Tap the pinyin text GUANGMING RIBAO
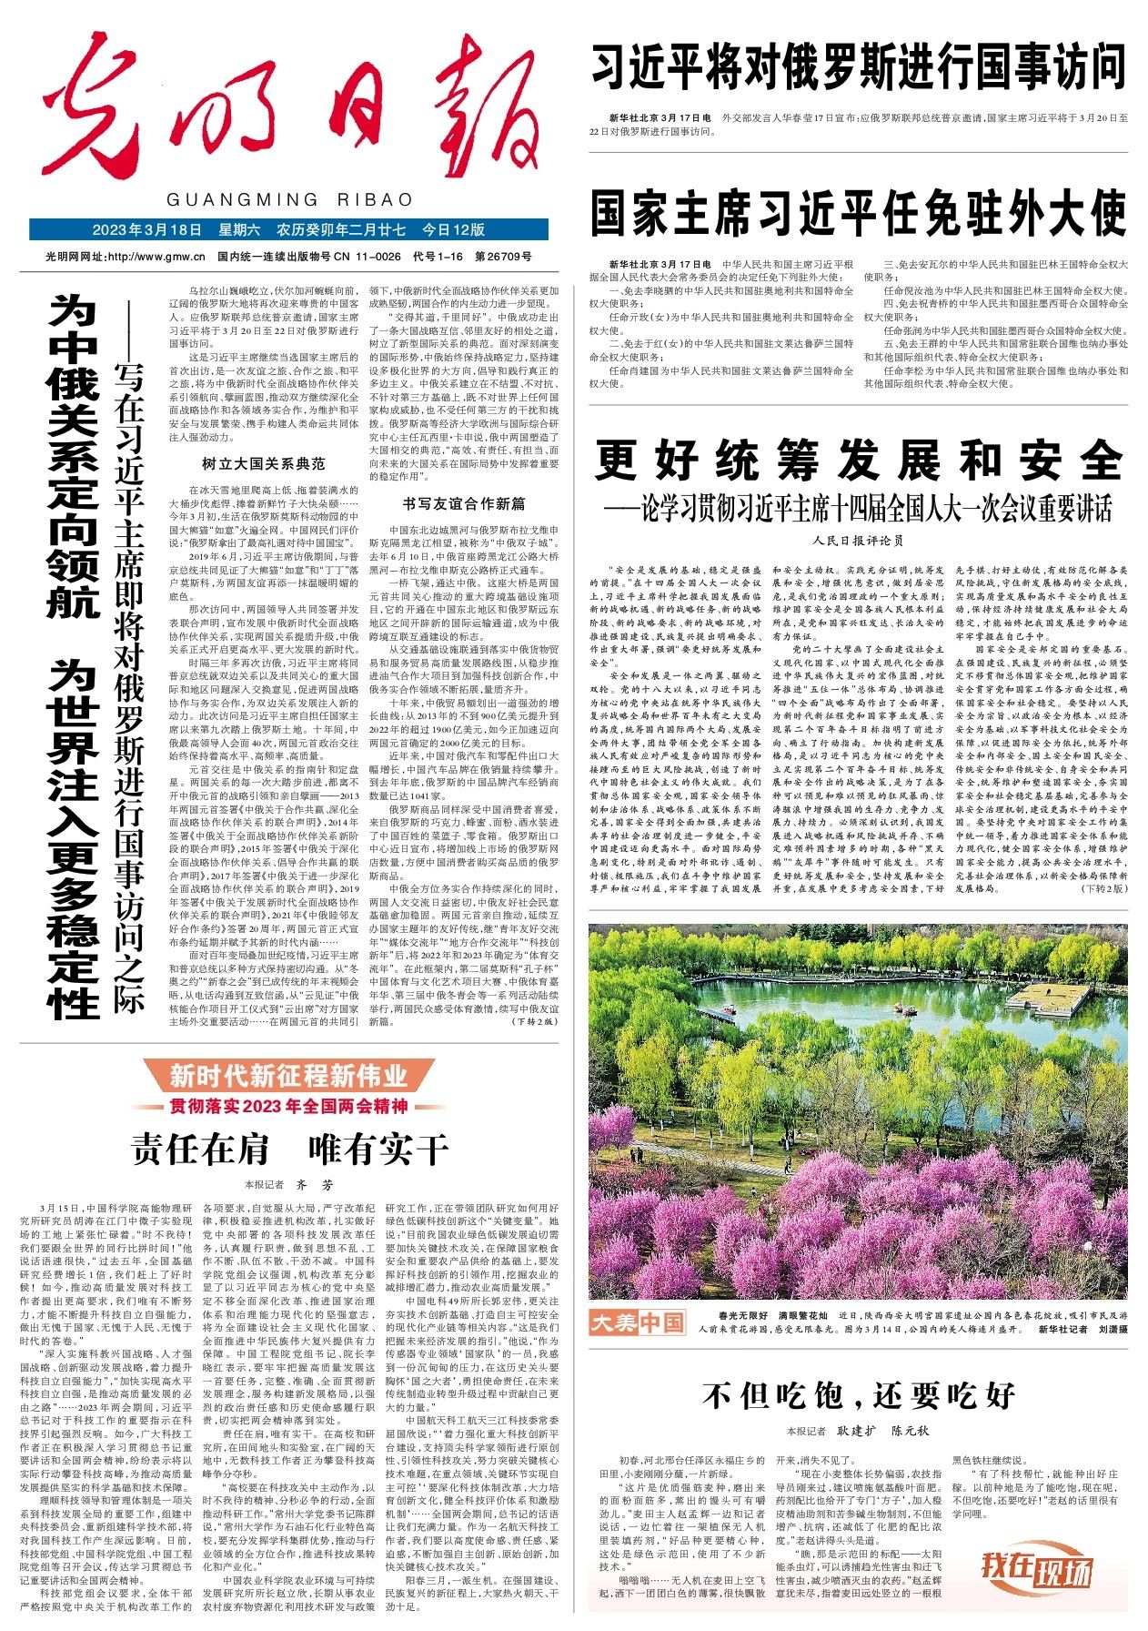(290, 199)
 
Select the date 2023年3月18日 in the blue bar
(146, 229)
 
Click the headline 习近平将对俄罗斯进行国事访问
(859, 66)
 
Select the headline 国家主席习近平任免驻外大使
(859, 214)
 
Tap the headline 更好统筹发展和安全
(859, 460)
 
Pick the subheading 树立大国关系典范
(263, 463)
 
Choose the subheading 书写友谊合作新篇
(464, 503)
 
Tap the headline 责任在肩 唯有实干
(289, 1149)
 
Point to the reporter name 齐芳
(315, 1185)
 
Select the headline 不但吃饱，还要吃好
(859, 1395)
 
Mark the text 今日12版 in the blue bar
(453, 229)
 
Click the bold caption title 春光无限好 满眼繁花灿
(772, 1316)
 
